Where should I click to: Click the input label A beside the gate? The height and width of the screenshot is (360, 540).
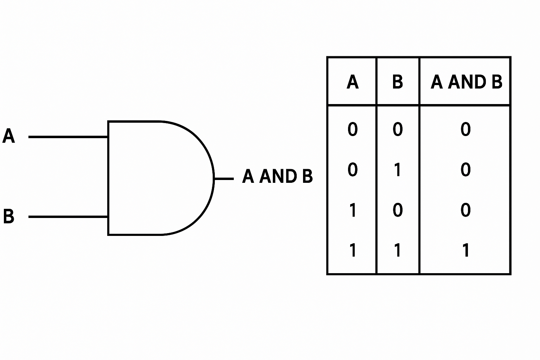coord(9,136)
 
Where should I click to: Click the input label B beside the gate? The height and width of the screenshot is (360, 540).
coord(9,216)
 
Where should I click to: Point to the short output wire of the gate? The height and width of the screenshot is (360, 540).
coord(224,179)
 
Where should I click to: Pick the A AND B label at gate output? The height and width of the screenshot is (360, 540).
coord(277,176)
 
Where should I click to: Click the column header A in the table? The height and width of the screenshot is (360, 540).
coord(353,82)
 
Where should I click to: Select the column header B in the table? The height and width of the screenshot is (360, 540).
coord(398,82)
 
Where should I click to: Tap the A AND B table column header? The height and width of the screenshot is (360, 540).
coord(466,82)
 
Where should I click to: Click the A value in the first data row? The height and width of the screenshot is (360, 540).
coord(353,129)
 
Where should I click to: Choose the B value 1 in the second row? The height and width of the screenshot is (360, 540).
coord(398,170)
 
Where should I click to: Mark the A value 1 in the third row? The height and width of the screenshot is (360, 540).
coord(353,210)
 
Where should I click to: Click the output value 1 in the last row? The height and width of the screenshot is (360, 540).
coord(466,251)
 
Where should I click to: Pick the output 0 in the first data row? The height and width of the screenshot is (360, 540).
coord(466,129)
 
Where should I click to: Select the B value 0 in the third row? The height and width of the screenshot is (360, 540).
coord(398,210)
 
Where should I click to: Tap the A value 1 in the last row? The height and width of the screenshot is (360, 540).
coord(353,251)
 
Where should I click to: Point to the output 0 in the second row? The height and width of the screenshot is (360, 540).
coord(466,170)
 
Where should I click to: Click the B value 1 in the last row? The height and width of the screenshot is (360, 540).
coord(398,251)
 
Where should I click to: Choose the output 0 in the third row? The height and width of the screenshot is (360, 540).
coord(466,210)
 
